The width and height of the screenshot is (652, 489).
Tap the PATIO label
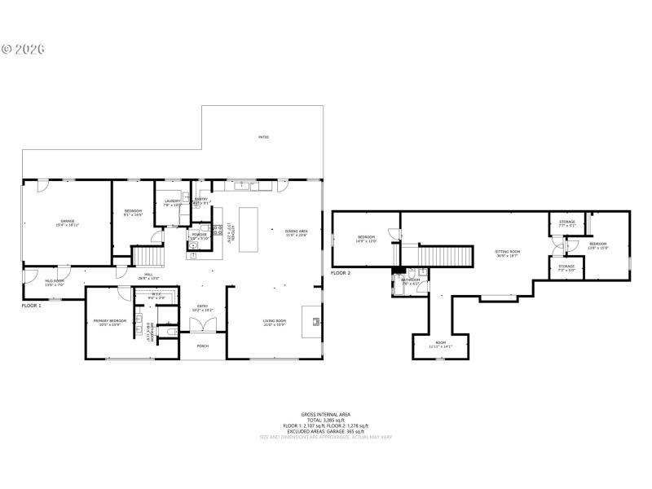263,137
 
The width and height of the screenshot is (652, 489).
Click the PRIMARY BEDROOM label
109,322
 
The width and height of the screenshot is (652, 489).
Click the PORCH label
202,346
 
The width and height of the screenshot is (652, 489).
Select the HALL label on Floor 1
148,275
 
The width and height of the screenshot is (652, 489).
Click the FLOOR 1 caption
32,305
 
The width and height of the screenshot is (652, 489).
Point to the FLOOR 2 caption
341,272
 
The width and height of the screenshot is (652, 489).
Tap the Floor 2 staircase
445,256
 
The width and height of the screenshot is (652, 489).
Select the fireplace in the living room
311,320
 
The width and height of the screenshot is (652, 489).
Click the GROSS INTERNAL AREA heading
325,414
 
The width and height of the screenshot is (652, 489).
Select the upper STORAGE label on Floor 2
566,222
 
